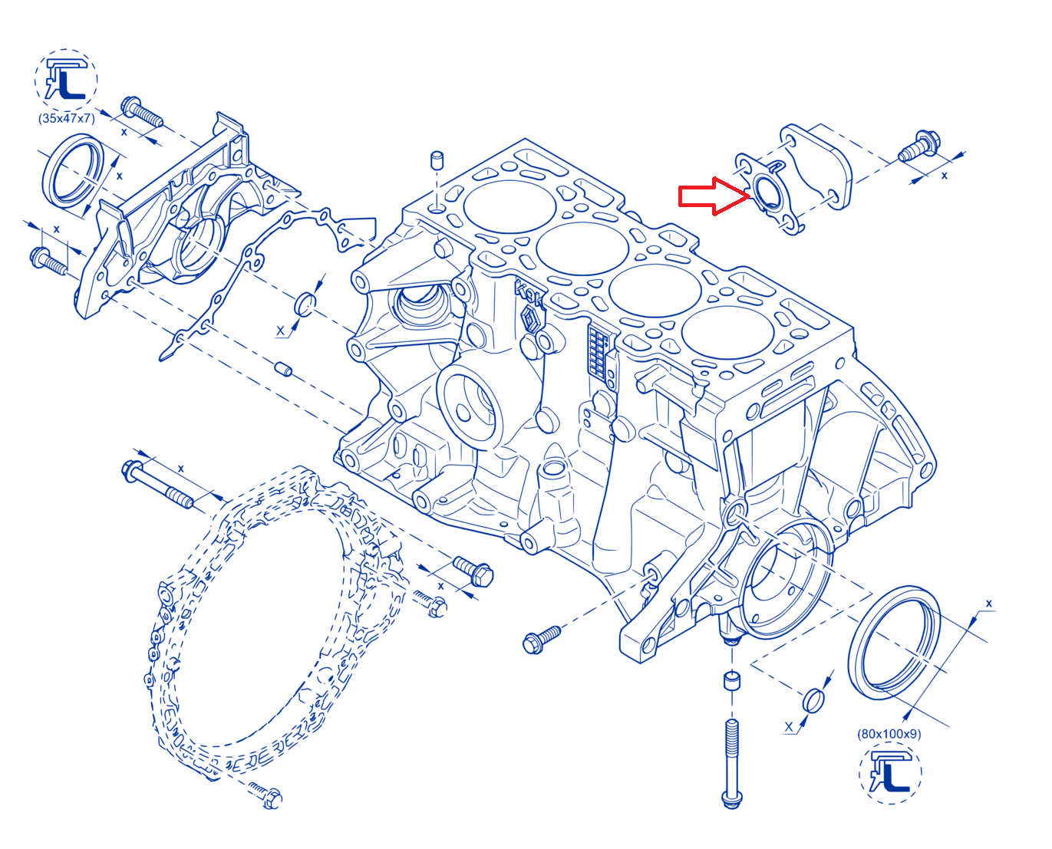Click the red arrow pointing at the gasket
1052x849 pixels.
(x=714, y=196)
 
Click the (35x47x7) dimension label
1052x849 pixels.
(x=66, y=118)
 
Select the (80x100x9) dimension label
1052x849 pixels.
(x=889, y=734)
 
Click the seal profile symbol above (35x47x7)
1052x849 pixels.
(x=65, y=80)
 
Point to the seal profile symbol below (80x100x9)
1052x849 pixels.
(x=890, y=773)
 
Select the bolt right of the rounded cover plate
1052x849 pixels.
(x=918, y=146)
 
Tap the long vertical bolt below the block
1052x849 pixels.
(x=731, y=764)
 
